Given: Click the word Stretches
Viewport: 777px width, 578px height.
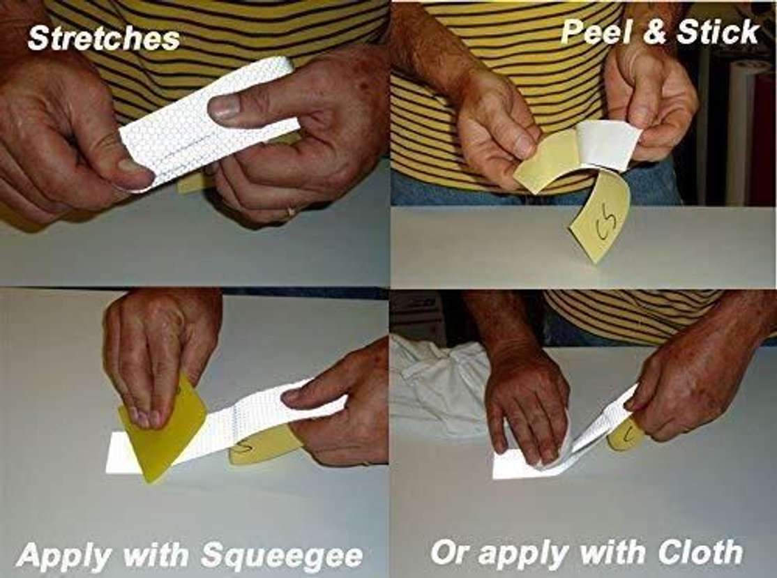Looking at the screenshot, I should coord(103,38).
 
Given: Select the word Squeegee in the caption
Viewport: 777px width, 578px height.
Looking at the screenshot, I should coord(282,556).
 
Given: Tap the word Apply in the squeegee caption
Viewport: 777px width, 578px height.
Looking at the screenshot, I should coord(64,556).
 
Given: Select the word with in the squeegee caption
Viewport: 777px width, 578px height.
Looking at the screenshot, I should coord(159,556).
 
